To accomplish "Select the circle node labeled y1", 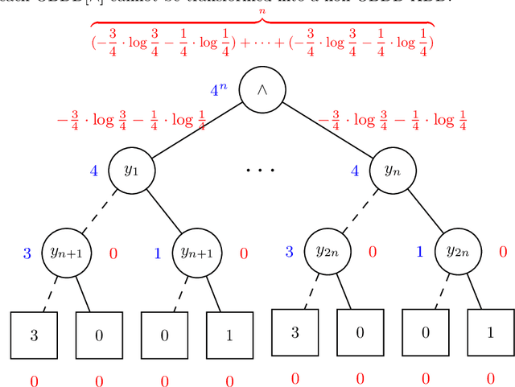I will [131, 171].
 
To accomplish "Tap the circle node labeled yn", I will [392, 171].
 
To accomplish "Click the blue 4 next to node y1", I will [94, 171].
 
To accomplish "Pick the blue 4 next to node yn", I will [355, 171].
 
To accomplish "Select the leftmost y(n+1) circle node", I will [66, 253].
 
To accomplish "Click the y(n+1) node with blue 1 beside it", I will [197, 253].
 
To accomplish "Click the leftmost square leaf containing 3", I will [34, 335].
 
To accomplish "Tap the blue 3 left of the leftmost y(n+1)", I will [27, 253].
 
